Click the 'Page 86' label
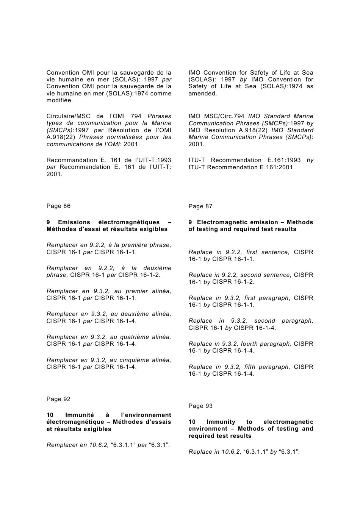(x=58, y=206)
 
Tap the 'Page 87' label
(x=200, y=206)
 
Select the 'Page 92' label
(x=58, y=399)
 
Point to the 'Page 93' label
(x=200, y=406)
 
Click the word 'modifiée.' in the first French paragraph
(x=59, y=100)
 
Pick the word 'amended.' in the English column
(x=203, y=94)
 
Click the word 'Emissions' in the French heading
(x=74, y=222)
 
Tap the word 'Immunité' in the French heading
(x=79, y=415)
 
